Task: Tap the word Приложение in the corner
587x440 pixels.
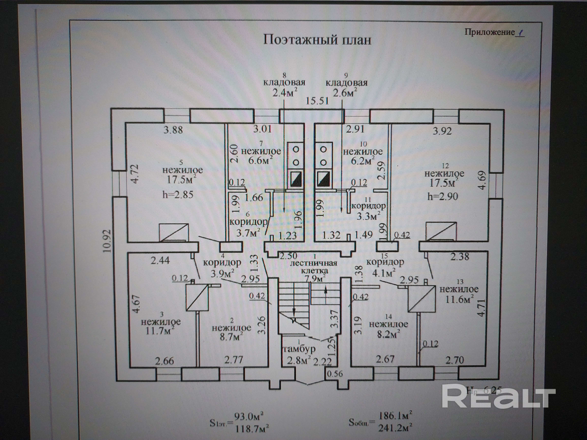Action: click(490, 32)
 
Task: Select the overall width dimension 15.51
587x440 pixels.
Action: click(317, 101)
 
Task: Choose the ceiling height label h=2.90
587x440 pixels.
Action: click(443, 197)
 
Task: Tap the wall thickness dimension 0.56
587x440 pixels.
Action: click(335, 374)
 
